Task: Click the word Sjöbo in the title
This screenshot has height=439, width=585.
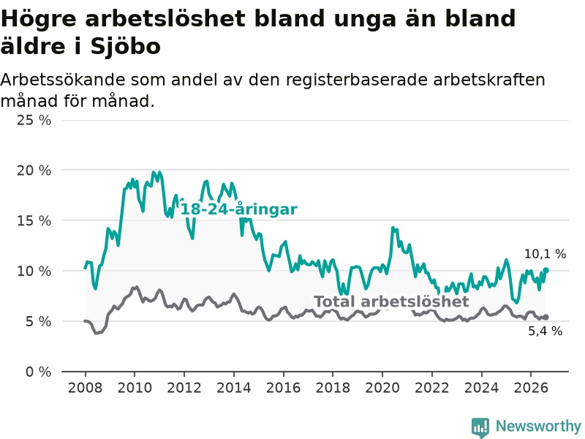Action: pyautogui.click(x=125, y=47)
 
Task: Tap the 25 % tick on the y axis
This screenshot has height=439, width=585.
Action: pyautogui.click(x=34, y=120)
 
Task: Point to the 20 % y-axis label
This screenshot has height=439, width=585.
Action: pyautogui.click(x=34, y=170)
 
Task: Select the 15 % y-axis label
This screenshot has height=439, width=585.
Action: pyautogui.click(x=34, y=221)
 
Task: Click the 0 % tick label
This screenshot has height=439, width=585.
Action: pyautogui.click(x=38, y=372)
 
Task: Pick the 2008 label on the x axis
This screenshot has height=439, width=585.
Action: pyautogui.click(x=85, y=388)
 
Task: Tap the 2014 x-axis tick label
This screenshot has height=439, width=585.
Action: pyautogui.click(x=233, y=388)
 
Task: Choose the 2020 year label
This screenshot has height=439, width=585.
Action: pyautogui.click(x=382, y=388)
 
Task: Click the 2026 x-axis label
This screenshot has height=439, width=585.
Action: pyautogui.click(x=531, y=388)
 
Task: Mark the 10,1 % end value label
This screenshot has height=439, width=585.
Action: pyautogui.click(x=545, y=254)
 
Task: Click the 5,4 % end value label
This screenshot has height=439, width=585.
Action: pyautogui.click(x=545, y=331)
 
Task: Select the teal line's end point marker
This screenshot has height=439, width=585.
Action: pyautogui.click(x=546, y=270)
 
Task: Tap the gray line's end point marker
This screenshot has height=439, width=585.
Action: pyautogui.click(x=546, y=317)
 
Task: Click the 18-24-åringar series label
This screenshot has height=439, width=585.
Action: pyautogui.click(x=239, y=209)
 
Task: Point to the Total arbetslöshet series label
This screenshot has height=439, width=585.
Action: pyautogui.click(x=391, y=301)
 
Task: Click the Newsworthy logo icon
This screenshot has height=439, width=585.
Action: pyautogui.click(x=480, y=427)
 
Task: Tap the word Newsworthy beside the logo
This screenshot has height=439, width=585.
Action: pyautogui.click(x=538, y=426)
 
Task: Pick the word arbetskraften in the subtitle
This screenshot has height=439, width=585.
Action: pyautogui.click(x=489, y=80)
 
